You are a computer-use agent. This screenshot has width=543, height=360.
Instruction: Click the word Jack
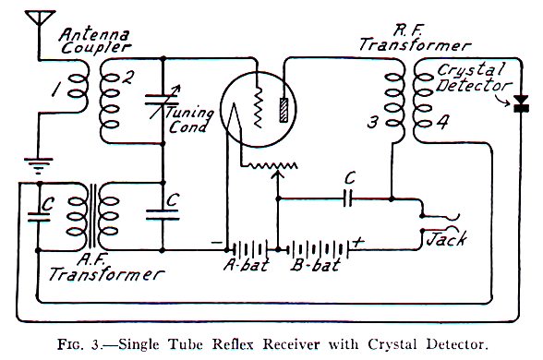(443, 240)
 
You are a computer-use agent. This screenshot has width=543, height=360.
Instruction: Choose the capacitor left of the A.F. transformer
(38, 214)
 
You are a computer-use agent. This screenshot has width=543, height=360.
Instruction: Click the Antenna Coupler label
(92, 42)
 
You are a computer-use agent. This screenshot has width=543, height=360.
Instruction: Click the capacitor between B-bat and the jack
(346, 198)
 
